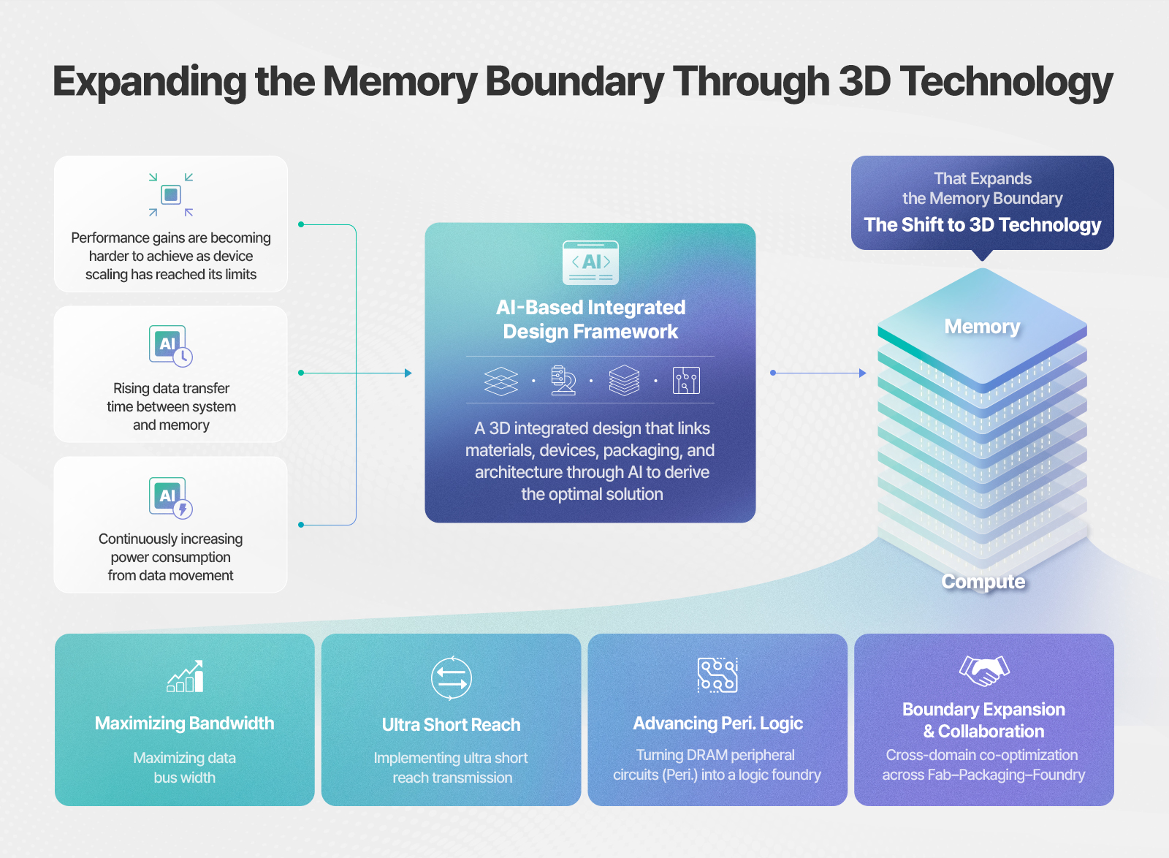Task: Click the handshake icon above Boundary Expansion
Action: tap(984, 671)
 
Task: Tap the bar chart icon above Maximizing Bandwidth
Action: tap(186, 676)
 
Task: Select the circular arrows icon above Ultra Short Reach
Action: tap(452, 677)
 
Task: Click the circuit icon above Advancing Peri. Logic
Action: tap(717, 675)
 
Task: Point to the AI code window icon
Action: tap(590, 262)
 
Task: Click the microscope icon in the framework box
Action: tap(563, 380)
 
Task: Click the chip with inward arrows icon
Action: tap(171, 194)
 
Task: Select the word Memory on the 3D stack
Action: tap(982, 327)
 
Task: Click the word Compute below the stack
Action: tap(983, 582)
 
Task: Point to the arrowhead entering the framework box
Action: tap(408, 373)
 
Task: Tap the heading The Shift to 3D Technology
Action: tap(982, 224)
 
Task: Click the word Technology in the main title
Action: tap(1007, 82)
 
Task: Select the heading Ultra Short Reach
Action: tap(451, 724)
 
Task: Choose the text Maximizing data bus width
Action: tap(184, 767)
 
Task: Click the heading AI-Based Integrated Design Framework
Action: tap(590, 319)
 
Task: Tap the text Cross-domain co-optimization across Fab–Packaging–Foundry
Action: tap(983, 764)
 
